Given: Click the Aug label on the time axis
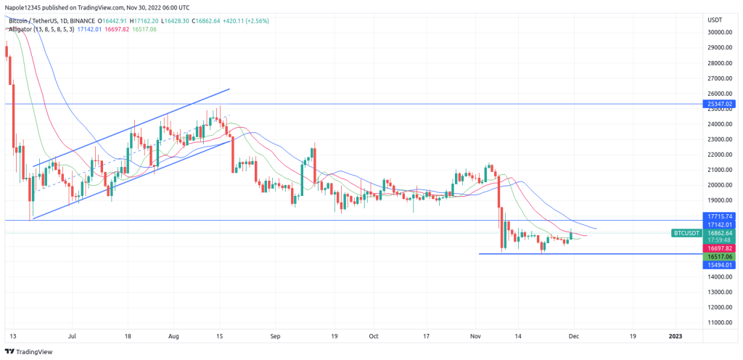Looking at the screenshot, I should click(173, 337).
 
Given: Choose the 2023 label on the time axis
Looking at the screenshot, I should click(675, 337).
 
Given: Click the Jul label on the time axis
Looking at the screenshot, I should click(72, 337).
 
